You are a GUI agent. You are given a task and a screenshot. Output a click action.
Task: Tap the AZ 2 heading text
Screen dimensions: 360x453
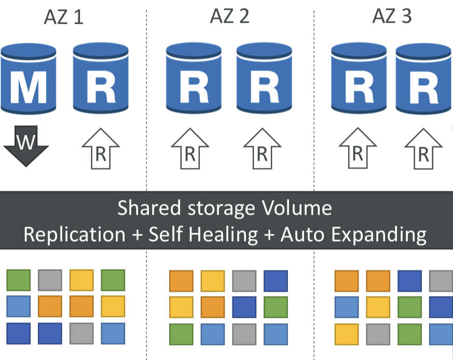(229, 16)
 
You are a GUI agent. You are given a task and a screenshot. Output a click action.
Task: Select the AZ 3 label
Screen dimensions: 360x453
(392, 16)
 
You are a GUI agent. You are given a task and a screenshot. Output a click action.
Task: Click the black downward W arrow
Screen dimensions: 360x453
(25, 147)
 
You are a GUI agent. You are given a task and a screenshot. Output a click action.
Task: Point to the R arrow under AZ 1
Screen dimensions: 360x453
(101, 149)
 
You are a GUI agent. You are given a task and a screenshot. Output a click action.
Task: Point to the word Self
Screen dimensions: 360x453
(166, 234)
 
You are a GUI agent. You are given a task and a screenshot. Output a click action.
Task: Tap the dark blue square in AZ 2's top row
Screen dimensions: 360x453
(276, 281)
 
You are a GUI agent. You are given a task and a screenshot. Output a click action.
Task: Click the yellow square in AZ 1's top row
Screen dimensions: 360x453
(81, 280)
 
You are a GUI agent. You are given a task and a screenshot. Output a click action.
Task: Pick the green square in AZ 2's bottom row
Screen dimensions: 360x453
(181, 334)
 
